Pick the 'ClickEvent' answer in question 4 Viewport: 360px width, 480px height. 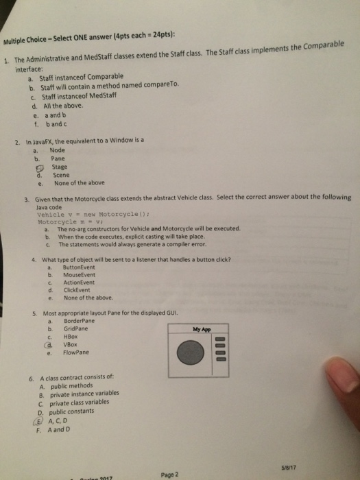point(75,290)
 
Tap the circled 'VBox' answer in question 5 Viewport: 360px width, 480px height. point(71,345)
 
